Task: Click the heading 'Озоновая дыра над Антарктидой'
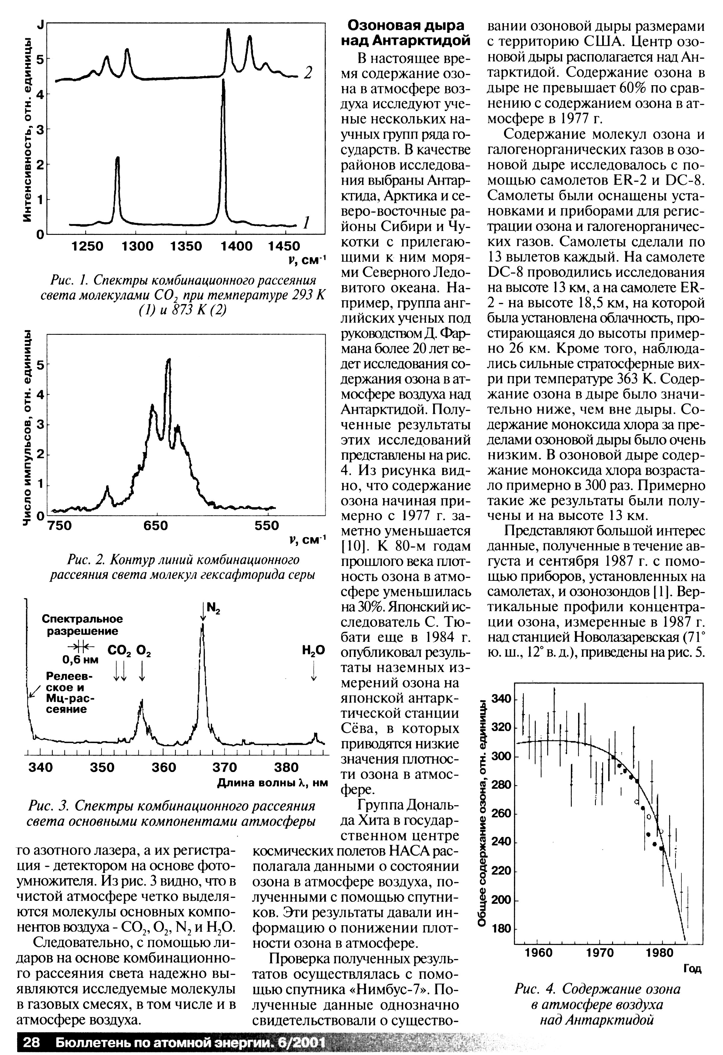click(405, 33)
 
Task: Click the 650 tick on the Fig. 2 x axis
click(156, 526)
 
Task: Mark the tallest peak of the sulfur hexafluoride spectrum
click(169, 360)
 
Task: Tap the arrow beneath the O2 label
click(142, 671)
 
